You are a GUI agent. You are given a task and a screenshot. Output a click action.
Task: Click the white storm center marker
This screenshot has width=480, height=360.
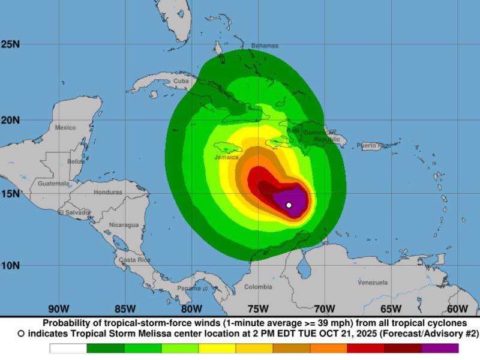click(289, 205)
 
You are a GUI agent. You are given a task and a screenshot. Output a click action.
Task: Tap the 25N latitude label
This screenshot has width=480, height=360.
click(10, 44)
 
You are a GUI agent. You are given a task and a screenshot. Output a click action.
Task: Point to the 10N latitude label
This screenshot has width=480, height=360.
click(10, 265)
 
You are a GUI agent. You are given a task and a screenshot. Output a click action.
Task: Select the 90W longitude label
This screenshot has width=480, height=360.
click(58, 309)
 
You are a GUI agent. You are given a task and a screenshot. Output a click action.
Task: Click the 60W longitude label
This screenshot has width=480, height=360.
click(457, 309)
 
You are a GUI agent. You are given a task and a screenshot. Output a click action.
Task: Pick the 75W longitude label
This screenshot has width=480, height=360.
click(258, 309)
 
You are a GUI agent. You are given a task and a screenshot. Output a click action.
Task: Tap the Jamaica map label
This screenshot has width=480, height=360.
click(226, 157)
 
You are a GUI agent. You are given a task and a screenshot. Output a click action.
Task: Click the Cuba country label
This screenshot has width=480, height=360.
click(181, 80)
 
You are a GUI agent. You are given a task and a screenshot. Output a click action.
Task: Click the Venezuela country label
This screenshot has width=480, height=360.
click(373, 282)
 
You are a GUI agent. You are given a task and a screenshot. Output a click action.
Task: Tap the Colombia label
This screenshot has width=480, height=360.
click(258, 287)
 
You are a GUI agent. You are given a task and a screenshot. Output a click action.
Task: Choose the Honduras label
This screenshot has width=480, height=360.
click(108, 193)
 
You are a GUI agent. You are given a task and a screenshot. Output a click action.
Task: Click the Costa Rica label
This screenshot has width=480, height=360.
click(134, 260)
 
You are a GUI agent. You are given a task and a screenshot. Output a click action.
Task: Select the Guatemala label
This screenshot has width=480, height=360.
click(53, 184)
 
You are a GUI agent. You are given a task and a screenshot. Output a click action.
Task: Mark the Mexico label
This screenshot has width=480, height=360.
click(65, 128)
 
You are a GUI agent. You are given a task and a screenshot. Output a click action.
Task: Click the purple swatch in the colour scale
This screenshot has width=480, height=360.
click(440, 348)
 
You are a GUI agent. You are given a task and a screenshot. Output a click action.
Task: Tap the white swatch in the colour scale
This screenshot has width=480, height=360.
click(68, 348)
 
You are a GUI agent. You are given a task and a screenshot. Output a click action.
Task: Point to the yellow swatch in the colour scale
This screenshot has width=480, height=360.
click(217, 348)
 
